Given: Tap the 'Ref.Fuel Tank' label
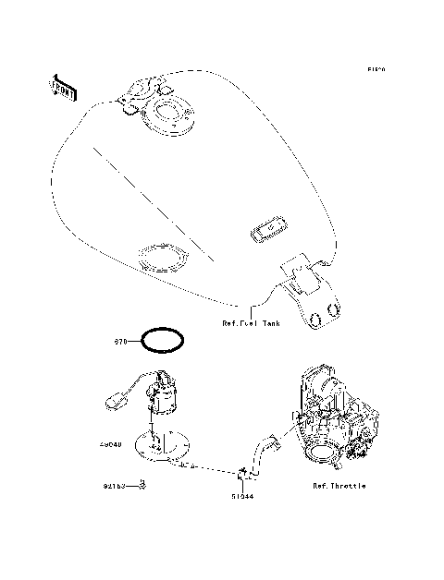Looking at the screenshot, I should (x=251, y=323).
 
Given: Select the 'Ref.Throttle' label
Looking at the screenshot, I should (x=339, y=485).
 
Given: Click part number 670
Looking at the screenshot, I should (x=120, y=341).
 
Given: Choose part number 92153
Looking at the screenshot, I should (x=114, y=484).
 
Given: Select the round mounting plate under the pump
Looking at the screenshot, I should (x=163, y=447).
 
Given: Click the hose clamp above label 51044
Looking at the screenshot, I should (x=243, y=473).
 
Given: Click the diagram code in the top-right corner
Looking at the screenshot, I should (x=375, y=69).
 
